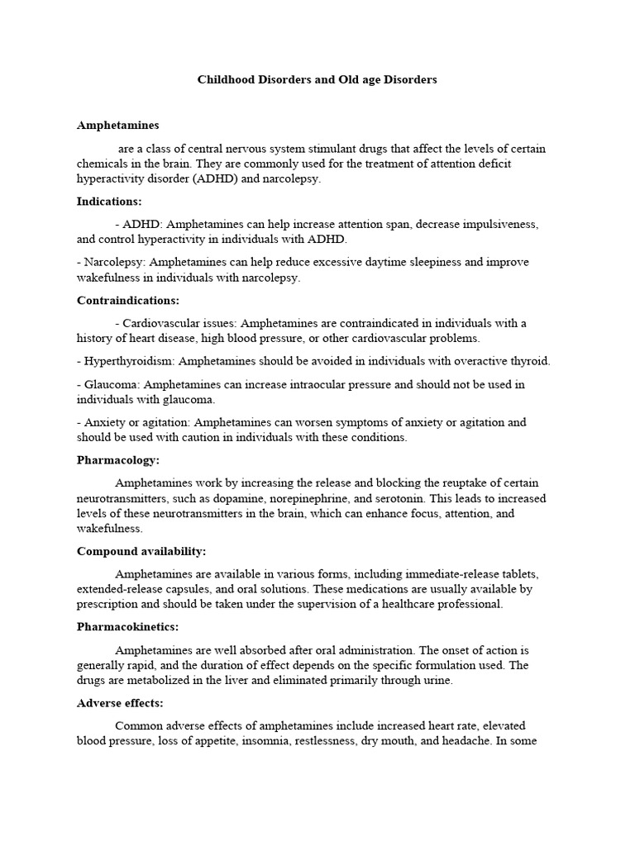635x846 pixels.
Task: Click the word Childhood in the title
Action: (224, 80)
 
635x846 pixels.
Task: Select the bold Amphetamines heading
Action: (117, 126)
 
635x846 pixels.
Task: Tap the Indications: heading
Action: (109, 201)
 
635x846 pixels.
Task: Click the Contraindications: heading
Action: (128, 300)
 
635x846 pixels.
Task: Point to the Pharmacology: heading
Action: (118, 459)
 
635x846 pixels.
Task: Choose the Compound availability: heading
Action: (141, 551)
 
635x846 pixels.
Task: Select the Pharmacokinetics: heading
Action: (127, 627)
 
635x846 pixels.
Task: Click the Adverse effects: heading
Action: (120, 703)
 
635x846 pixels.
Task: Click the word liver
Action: (270, 681)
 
